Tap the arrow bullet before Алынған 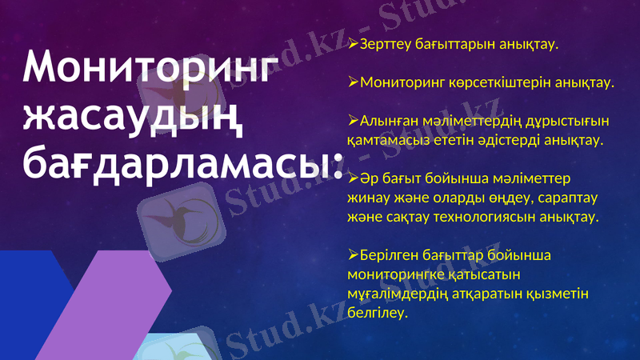click(x=354, y=120)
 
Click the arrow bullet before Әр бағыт click(x=354, y=179)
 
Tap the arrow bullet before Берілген click(x=354, y=255)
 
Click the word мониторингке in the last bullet click(x=392, y=275)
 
